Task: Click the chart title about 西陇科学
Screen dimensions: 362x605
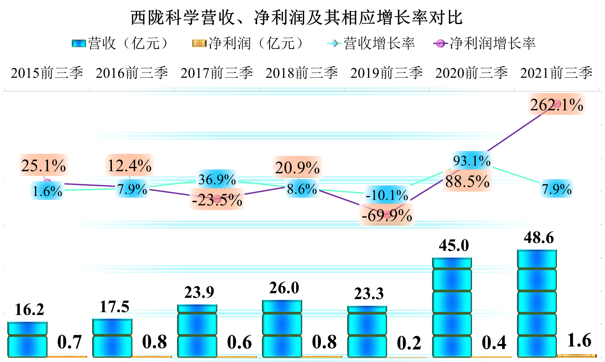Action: coord(297,17)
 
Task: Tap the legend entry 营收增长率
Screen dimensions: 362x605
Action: coord(371,44)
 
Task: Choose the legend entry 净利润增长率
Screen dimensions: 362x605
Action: coord(485,44)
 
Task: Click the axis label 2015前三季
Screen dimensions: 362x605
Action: coord(47,73)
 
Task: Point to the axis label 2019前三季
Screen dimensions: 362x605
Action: coord(387,73)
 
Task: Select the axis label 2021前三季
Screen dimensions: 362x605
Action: coord(556,73)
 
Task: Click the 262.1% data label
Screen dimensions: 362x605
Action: coord(556,104)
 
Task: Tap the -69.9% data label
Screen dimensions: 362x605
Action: coord(387,216)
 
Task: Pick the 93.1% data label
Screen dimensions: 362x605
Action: coord(472,161)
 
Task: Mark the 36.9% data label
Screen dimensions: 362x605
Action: coord(217,179)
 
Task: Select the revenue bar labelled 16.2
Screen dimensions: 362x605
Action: coord(27,339)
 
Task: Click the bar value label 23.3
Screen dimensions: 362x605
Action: coord(369,294)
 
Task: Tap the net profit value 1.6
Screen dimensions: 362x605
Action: coord(579,340)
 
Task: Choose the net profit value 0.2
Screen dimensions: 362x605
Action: coord(409,343)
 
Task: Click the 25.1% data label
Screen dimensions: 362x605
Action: coord(44,165)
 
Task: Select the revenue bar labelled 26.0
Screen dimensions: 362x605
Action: coord(282,328)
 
